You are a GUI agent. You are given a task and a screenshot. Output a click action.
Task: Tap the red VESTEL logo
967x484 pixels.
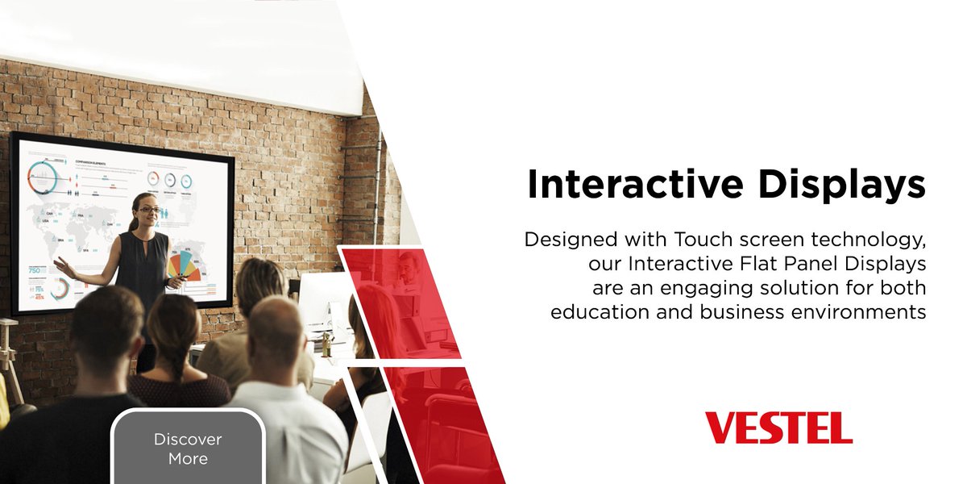(778, 428)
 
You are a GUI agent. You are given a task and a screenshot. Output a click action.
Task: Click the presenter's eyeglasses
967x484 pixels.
(150, 210)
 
